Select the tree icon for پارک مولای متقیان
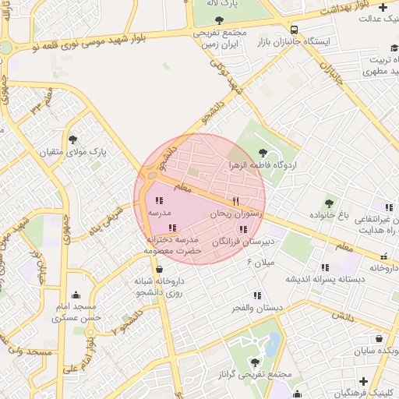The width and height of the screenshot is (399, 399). click(72, 139)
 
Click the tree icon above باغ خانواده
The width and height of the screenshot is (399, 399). click(329, 203)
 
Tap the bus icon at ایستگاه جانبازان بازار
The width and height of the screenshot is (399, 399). click(294, 30)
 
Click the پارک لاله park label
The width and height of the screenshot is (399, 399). click(221, 4)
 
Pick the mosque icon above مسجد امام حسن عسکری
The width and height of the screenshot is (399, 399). click(76, 295)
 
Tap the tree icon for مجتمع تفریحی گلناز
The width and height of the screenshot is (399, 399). click(256, 362)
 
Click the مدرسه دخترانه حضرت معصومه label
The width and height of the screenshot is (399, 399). click(174, 245)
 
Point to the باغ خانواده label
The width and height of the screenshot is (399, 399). click(331, 215)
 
